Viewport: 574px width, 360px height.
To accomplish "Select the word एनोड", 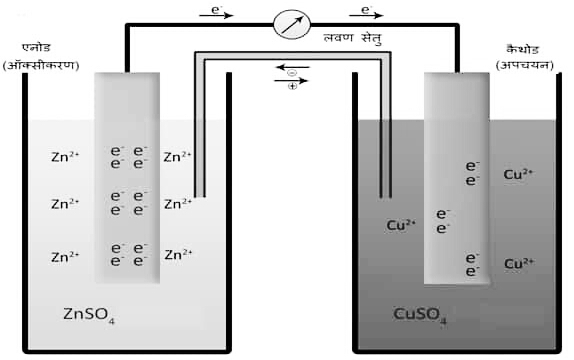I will click(x=39, y=46).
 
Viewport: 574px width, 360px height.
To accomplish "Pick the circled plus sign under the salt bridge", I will click(x=291, y=87).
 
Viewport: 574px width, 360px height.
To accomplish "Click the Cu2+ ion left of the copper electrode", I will click(x=401, y=224).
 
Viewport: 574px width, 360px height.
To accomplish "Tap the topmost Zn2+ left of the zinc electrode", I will click(x=64, y=157).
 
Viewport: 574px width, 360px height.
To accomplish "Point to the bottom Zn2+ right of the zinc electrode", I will click(x=177, y=254).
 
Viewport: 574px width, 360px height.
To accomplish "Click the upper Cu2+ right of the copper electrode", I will click(x=518, y=174).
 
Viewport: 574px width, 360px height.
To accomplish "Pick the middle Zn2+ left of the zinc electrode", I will click(x=64, y=204).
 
